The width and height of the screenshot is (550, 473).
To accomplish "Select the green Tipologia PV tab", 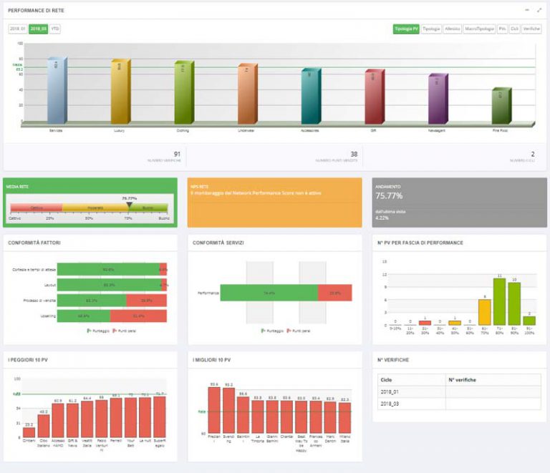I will coord(405,29).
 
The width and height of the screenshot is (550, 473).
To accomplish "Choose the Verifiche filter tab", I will coord(531,29).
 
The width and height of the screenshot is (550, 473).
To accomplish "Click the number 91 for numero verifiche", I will coord(177,153).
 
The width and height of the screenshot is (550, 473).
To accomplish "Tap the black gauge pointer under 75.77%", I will coord(129,205).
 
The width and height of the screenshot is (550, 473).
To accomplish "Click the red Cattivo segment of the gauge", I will coord(36,208).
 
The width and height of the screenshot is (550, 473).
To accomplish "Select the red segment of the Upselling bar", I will coord(138,316).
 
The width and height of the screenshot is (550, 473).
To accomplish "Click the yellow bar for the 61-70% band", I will coord(484,312).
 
